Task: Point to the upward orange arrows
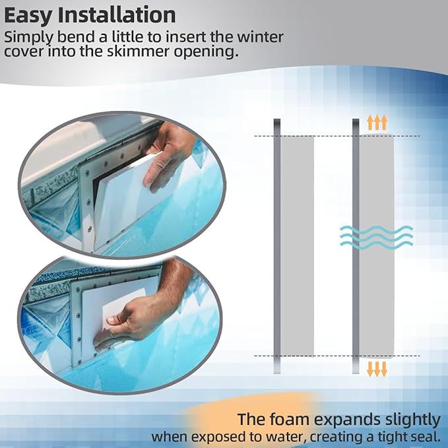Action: (377, 122)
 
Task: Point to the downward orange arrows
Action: (377, 368)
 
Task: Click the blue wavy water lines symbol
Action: (377, 236)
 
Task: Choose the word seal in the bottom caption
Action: (426, 437)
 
